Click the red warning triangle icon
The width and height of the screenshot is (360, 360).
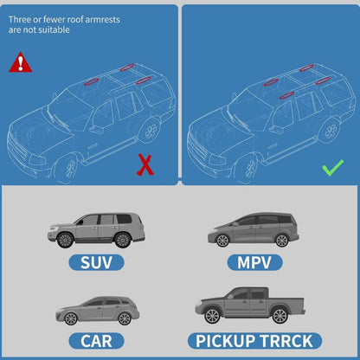[x=19, y=62]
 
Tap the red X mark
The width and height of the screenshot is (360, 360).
[x=145, y=164]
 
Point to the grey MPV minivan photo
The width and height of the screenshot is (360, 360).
[x=253, y=229]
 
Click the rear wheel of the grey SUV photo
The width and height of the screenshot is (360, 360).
[x=122, y=241]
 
